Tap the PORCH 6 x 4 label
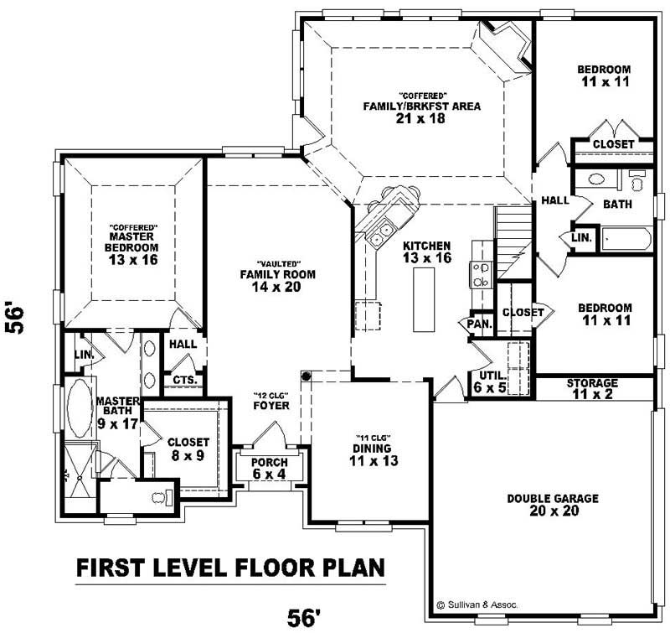coord(269,469)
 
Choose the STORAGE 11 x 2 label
coord(592,388)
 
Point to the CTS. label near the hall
coord(183,380)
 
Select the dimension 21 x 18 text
coord(420,119)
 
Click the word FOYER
coord(271,406)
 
